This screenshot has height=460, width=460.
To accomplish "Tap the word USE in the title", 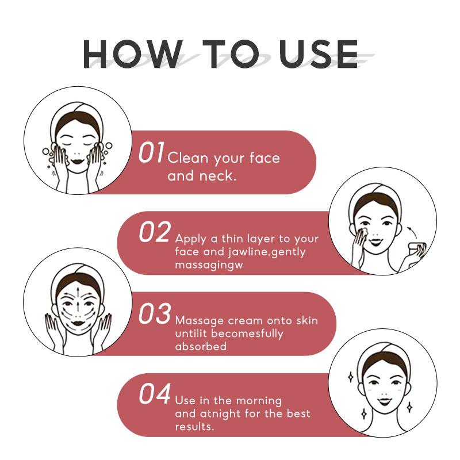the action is pyautogui.click(x=319, y=54).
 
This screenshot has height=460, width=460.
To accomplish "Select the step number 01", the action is pyautogui.click(x=152, y=152).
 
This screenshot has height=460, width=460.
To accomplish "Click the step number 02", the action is pyautogui.click(x=155, y=232).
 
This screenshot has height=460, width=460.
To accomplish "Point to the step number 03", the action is pyautogui.click(x=155, y=313).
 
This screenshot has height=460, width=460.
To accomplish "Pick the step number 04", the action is pyautogui.click(x=155, y=394).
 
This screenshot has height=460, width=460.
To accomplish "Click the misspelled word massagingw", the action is pyautogui.click(x=209, y=265).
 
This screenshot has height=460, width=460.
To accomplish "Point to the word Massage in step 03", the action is pyautogui.click(x=199, y=321).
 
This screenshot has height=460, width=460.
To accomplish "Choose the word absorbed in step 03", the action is pyautogui.click(x=201, y=346).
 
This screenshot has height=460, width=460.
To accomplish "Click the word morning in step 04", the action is pyautogui.click(x=259, y=401).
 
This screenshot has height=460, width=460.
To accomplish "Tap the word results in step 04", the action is pyautogui.click(x=194, y=426).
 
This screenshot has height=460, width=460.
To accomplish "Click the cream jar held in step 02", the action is pyautogui.click(x=418, y=249).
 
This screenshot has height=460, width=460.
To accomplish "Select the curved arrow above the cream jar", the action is pyautogui.click(x=412, y=231).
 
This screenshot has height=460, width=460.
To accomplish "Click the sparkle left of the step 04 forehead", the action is pyautogui.click(x=350, y=377).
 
